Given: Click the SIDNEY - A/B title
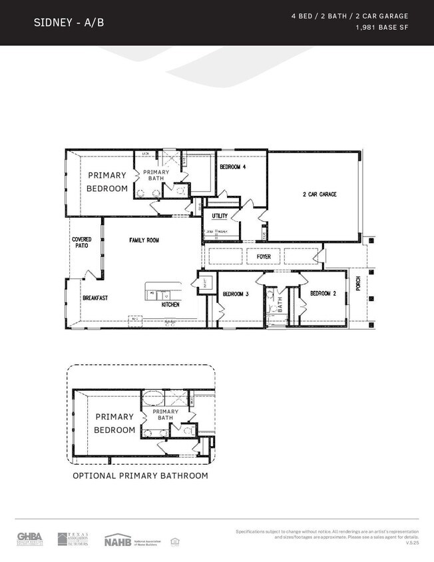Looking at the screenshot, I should [x=69, y=23].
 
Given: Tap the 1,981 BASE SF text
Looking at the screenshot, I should [x=382, y=28].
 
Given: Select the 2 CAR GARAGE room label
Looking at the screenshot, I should [x=320, y=194].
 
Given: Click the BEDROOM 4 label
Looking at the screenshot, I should [x=233, y=167].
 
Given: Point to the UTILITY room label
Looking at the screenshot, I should [x=220, y=216].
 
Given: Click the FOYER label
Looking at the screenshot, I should [x=264, y=256].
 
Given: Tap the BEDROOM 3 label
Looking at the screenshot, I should [x=235, y=294].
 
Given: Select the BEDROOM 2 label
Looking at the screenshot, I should [x=324, y=294].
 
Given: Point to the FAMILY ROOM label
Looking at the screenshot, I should [x=144, y=240].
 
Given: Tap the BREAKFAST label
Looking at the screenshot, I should [x=95, y=298].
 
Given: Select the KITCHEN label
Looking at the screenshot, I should [x=171, y=304].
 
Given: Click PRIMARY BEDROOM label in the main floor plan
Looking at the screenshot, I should [x=107, y=182].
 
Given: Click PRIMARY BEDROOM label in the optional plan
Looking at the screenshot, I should [x=114, y=423].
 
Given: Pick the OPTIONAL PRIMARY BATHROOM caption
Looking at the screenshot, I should [x=140, y=475].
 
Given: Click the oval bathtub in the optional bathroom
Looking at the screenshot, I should [x=154, y=398].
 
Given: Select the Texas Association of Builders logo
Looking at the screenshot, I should [x=73, y=538].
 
